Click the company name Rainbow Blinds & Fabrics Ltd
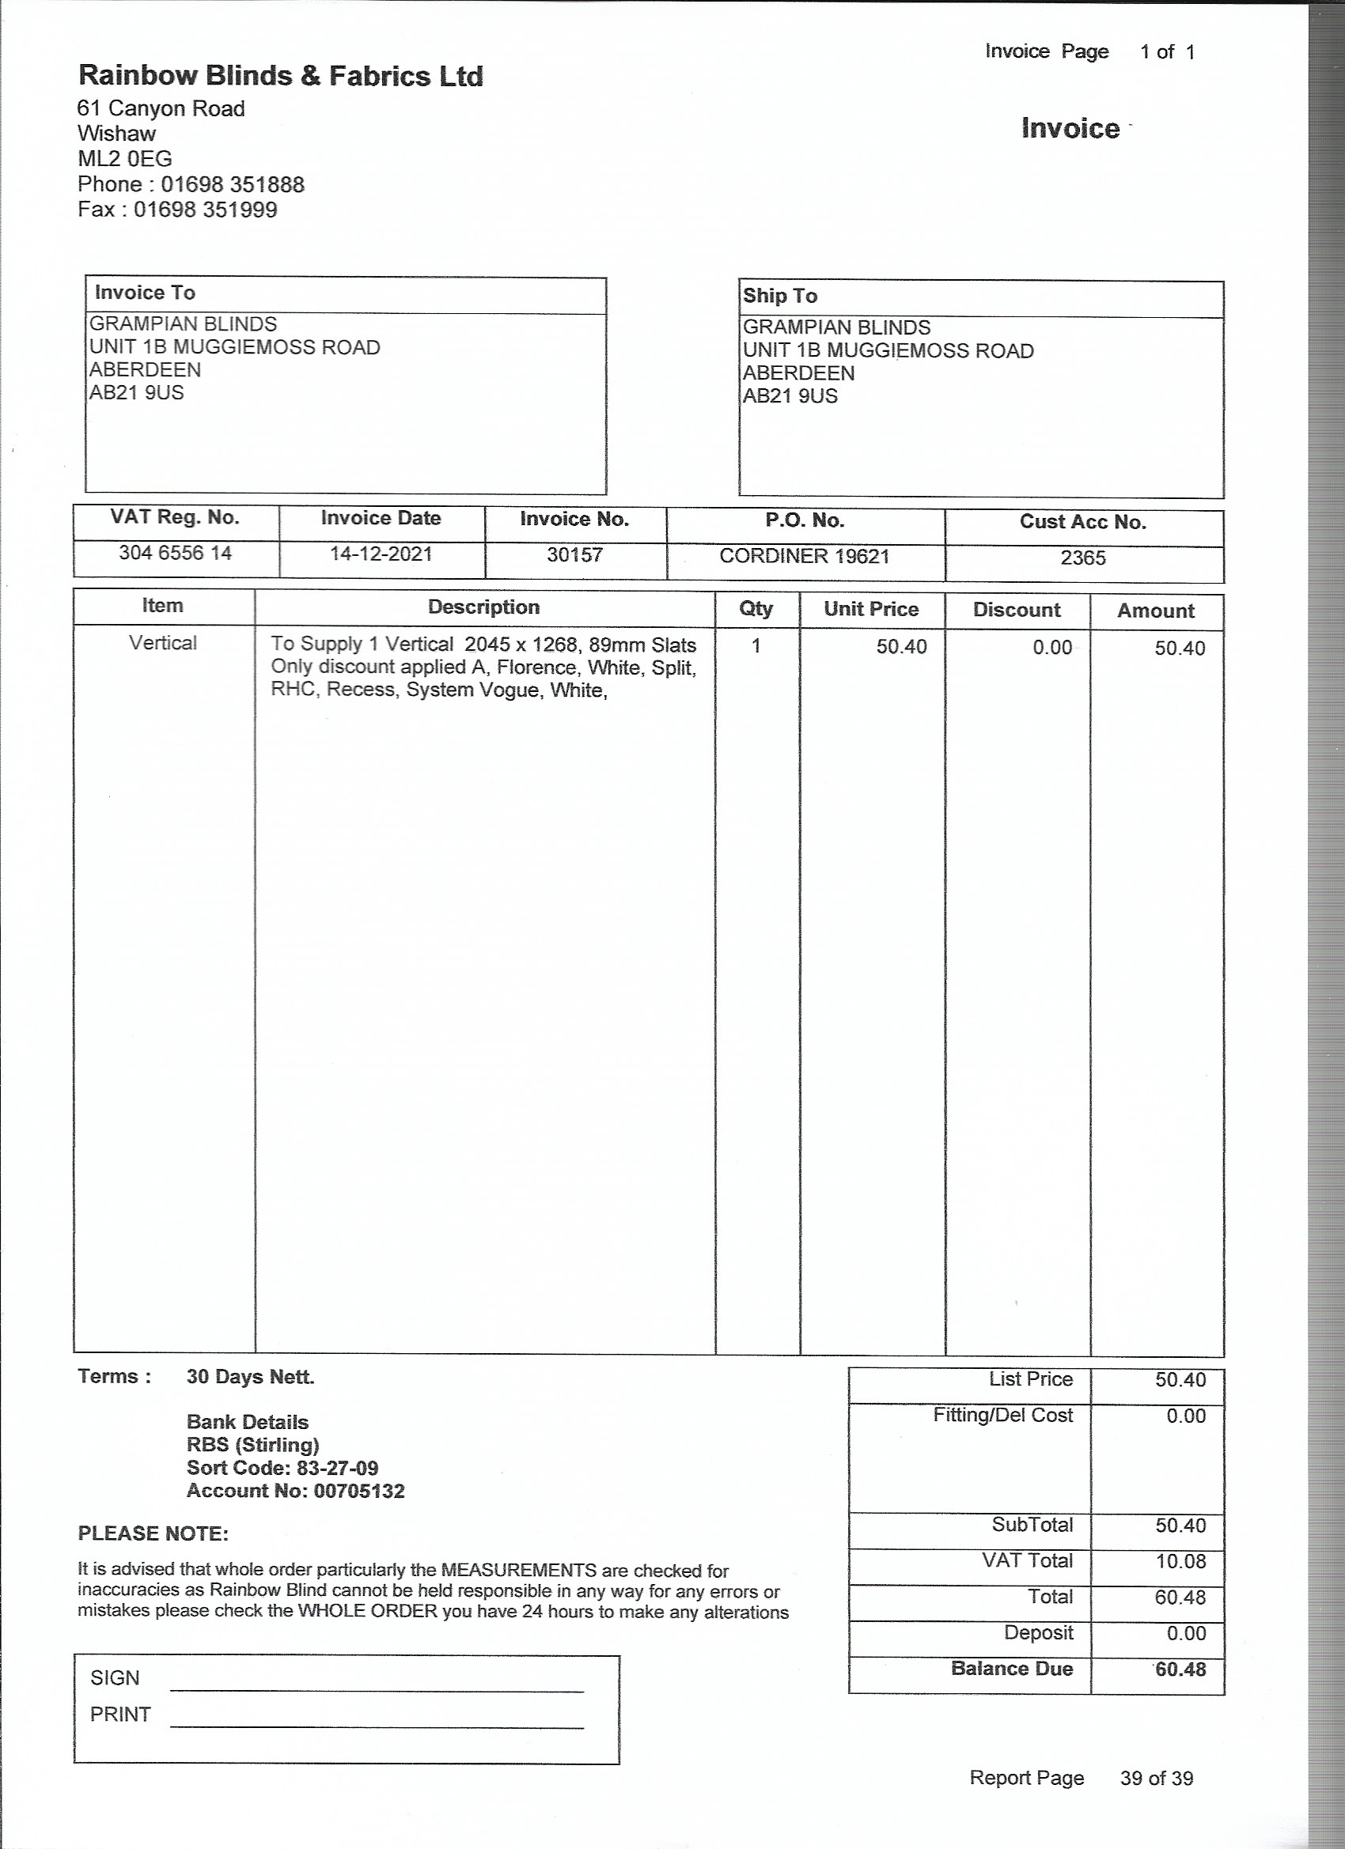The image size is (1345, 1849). tap(281, 76)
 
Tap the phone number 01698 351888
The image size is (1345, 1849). tap(233, 184)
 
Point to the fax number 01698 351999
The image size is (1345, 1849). tap(206, 210)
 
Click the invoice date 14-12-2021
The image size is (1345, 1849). tap(381, 554)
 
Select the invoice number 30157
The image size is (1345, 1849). tap(575, 555)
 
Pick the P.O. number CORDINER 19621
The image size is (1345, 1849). tap(804, 556)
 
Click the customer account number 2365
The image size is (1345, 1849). tap(1083, 558)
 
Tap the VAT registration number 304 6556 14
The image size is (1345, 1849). tap(176, 553)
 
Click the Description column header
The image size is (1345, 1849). tap(483, 607)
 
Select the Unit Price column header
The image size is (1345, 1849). tap(871, 609)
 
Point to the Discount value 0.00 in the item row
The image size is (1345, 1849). tap(1052, 648)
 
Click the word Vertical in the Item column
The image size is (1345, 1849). tap(163, 643)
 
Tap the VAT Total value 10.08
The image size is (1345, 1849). tap(1180, 1561)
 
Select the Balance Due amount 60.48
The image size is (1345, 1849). tap(1180, 1669)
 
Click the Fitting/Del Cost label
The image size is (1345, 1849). tap(1002, 1416)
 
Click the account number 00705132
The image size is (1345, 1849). tap(359, 1491)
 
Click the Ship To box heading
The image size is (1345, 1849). tap(780, 296)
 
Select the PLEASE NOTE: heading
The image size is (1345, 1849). tap(153, 1533)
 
